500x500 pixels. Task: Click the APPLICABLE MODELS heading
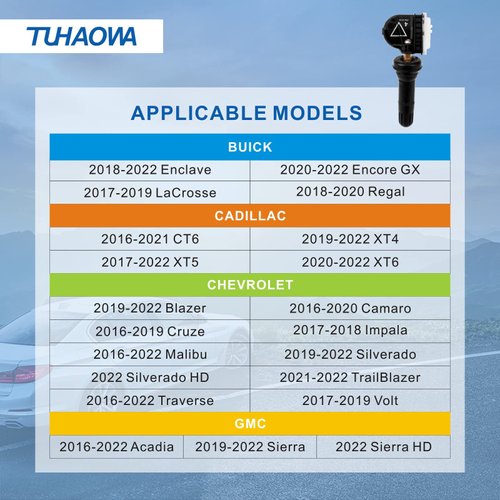click(246, 112)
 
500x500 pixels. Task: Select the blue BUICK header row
click(249, 147)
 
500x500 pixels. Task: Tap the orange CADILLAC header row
click(249, 216)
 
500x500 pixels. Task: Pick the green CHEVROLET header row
click(249, 285)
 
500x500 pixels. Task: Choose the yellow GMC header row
click(249, 423)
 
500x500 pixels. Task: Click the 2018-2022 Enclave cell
click(150, 170)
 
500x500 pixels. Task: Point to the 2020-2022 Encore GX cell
click(350, 170)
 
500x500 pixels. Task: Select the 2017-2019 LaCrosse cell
click(151, 192)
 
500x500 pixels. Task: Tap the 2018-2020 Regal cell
click(349, 191)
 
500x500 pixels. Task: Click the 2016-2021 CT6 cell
click(151, 239)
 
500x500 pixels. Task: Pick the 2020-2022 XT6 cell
click(349, 261)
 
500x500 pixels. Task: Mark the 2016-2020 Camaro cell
click(349, 308)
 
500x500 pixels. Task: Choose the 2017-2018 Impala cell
click(349, 330)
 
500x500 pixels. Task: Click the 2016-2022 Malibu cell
click(151, 354)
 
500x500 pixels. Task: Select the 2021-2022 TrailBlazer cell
click(349, 377)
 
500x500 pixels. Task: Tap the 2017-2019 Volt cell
click(349, 400)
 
